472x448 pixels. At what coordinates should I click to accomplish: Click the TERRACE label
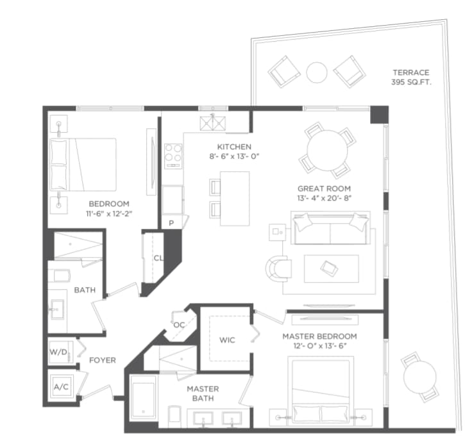[x=411, y=72]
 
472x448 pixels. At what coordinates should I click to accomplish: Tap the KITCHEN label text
[x=234, y=147]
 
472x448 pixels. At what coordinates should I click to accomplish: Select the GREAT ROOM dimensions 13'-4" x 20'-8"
[x=324, y=198]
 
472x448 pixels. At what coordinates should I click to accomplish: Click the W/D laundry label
[x=58, y=352]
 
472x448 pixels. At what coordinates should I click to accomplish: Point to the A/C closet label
[x=61, y=387]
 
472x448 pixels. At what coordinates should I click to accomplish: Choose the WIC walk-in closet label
[x=227, y=340]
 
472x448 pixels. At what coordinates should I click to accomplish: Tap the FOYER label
[x=103, y=360]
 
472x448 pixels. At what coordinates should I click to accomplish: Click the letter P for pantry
[x=171, y=223]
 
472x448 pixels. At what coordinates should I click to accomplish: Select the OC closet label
[x=179, y=325]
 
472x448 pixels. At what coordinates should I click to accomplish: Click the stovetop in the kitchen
[x=173, y=156]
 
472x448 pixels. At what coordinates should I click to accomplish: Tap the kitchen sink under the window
[x=213, y=123]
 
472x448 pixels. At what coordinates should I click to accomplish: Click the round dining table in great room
[x=327, y=151]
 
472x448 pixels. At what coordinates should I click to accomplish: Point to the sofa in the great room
[x=330, y=228]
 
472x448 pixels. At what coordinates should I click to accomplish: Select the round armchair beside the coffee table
[x=278, y=269]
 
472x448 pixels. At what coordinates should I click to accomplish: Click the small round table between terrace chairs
[x=317, y=72]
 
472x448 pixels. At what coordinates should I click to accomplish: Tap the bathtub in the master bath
[x=144, y=397]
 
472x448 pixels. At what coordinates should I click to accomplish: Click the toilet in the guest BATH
[x=59, y=276]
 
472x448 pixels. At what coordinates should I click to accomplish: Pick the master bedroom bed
[x=321, y=391]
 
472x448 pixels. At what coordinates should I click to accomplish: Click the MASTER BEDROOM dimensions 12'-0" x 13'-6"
[x=320, y=346]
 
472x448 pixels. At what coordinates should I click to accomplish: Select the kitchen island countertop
[x=235, y=199]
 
